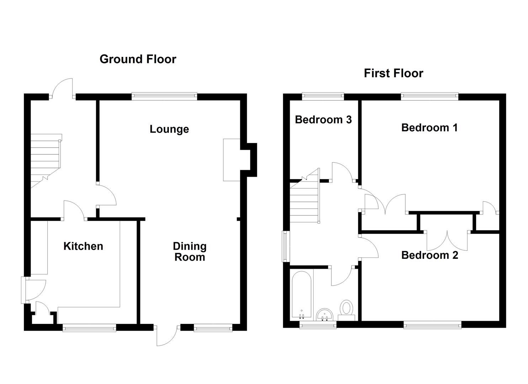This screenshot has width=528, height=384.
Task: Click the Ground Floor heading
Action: pyautogui.click(x=138, y=59)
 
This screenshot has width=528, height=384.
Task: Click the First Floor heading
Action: pyautogui.click(x=393, y=73)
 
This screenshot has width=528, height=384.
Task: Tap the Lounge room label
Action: pyautogui.click(x=169, y=129)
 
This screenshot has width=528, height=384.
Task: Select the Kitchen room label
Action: pyautogui.click(x=83, y=246)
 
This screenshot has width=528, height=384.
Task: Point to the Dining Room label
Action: pyautogui.click(x=190, y=251)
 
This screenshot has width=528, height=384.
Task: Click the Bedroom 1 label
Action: pyautogui.click(x=429, y=127)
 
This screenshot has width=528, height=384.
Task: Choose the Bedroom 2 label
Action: pyautogui.click(x=430, y=255)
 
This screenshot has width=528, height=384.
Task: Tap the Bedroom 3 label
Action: pyautogui.click(x=323, y=119)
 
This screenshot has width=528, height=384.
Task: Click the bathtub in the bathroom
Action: pyautogui.click(x=302, y=293)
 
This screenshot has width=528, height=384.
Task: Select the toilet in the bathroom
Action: pyautogui.click(x=346, y=308)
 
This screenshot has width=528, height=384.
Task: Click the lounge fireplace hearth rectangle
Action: pyautogui.click(x=231, y=160)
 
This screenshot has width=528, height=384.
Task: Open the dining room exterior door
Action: pyautogui.click(x=167, y=335)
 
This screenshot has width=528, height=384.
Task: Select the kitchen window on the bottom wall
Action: pyautogui.click(x=89, y=327)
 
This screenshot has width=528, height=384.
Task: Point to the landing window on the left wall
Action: pyautogui.click(x=286, y=246)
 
